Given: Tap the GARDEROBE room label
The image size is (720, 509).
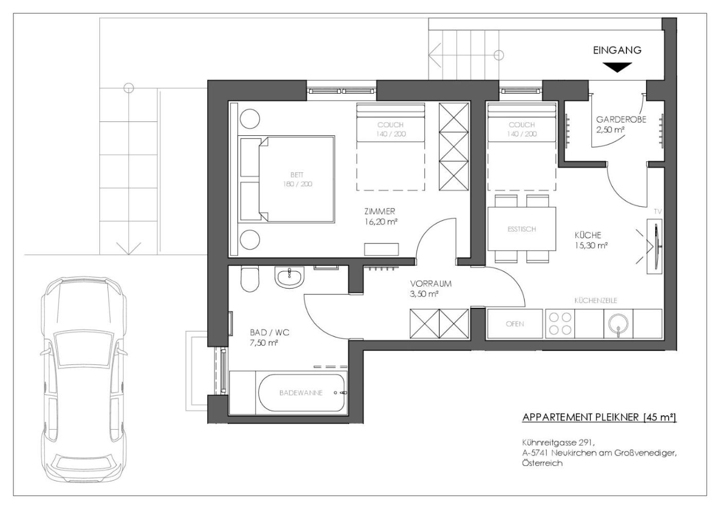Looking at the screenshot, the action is pyautogui.click(x=621, y=119).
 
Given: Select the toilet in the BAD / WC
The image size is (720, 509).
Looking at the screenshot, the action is pyautogui.click(x=250, y=278).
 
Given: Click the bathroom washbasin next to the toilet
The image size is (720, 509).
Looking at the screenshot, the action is pyautogui.click(x=289, y=277).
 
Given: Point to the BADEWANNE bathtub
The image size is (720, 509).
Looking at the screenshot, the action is pyautogui.click(x=301, y=393).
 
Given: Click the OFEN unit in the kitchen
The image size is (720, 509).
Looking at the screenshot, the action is pyautogui.click(x=515, y=324).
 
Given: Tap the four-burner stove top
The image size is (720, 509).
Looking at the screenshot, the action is pyautogui.click(x=560, y=324).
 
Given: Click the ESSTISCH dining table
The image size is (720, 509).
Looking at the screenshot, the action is pyautogui.click(x=521, y=229).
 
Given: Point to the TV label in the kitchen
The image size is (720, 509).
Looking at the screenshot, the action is pyautogui.click(x=658, y=212).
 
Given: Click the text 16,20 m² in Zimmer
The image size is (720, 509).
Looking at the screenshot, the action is pyautogui.click(x=381, y=222).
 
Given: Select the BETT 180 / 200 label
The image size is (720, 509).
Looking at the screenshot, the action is pyautogui.click(x=297, y=179).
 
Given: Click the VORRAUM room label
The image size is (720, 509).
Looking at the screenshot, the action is pyautogui.click(x=431, y=284).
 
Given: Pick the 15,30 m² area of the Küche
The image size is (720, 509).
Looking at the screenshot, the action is pyautogui.click(x=591, y=245).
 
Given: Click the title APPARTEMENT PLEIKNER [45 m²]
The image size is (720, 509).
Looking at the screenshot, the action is pyautogui.click(x=600, y=417).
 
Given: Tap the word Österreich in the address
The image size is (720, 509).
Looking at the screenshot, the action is pyautogui.click(x=543, y=463).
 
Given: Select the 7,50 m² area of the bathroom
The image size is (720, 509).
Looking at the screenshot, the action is pyautogui.click(x=263, y=343).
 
